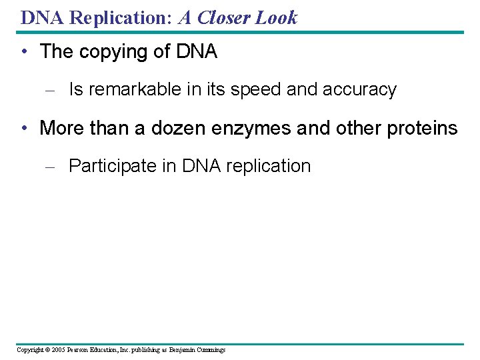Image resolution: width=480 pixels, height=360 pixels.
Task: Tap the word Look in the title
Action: (275, 17)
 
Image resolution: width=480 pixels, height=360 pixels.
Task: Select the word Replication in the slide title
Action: (121, 17)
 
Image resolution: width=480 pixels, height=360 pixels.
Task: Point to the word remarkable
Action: (131, 89)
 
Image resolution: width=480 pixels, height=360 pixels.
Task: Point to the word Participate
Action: (113, 166)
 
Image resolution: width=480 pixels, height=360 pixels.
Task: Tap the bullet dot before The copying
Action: (24, 52)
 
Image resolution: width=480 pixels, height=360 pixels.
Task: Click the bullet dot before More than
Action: (24, 128)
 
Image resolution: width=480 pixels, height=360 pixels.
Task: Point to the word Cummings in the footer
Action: (210, 349)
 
